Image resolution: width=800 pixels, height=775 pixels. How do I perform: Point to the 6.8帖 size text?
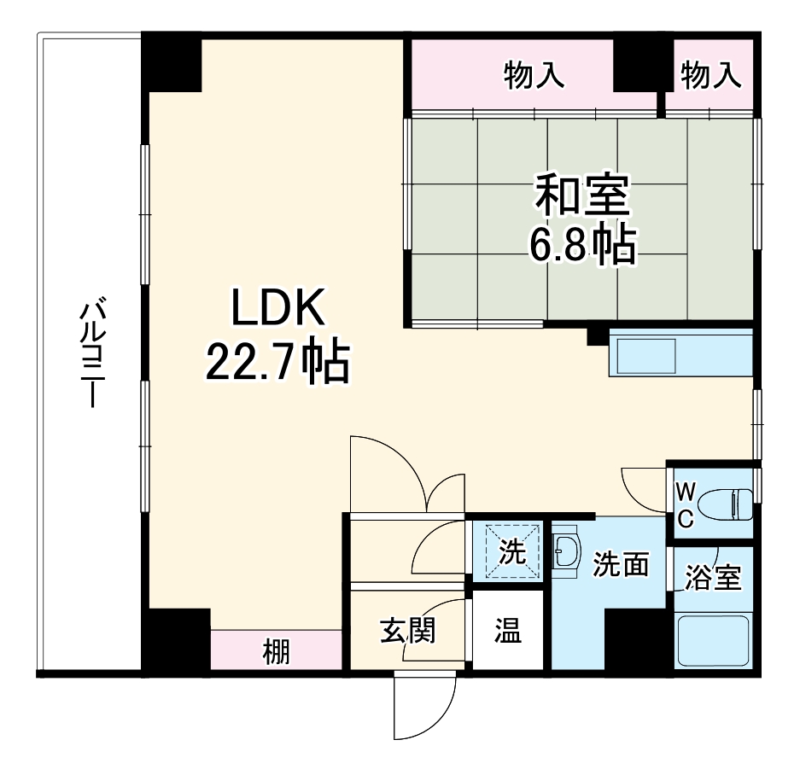click(x=582, y=246)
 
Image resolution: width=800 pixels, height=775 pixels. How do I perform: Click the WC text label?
click(x=686, y=504)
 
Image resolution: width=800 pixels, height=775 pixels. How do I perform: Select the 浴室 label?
click(x=714, y=579)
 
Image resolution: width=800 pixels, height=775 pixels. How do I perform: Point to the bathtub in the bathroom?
click(x=713, y=640)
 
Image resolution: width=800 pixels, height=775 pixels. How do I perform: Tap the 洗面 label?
click(x=621, y=564)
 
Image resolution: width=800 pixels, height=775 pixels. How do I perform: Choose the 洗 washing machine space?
click(x=511, y=553)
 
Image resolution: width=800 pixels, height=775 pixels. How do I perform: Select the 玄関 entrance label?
click(x=407, y=632)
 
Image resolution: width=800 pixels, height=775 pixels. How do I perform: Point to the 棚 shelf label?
click(x=276, y=652)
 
